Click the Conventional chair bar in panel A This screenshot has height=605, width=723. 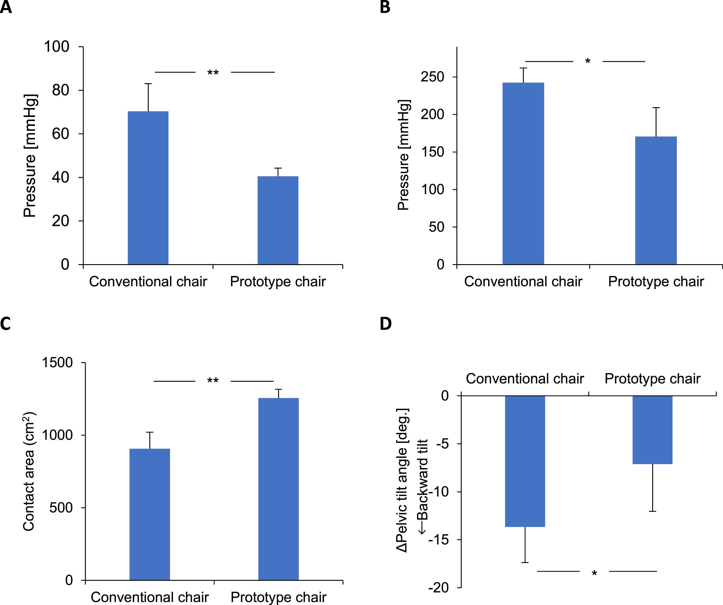(148, 188)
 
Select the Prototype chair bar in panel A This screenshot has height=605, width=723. (278, 220)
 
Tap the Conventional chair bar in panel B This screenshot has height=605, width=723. (523, 174)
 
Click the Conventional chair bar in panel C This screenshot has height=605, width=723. (150, 514)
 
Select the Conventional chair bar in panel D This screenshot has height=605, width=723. (525, 461)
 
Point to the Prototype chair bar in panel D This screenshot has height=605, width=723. (653, 430)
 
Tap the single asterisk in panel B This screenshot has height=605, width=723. (588, 61)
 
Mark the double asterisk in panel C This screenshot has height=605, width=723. (213, 381)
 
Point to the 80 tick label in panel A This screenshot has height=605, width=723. (61, 90)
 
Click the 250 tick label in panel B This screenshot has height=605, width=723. (432, 77)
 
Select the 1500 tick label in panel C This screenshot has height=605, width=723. (57, 362)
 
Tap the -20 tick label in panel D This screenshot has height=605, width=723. (439, 588)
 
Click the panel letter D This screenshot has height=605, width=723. (386, 324)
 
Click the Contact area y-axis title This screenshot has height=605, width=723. (29, 471)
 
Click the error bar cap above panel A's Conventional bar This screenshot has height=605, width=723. (148, 84)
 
